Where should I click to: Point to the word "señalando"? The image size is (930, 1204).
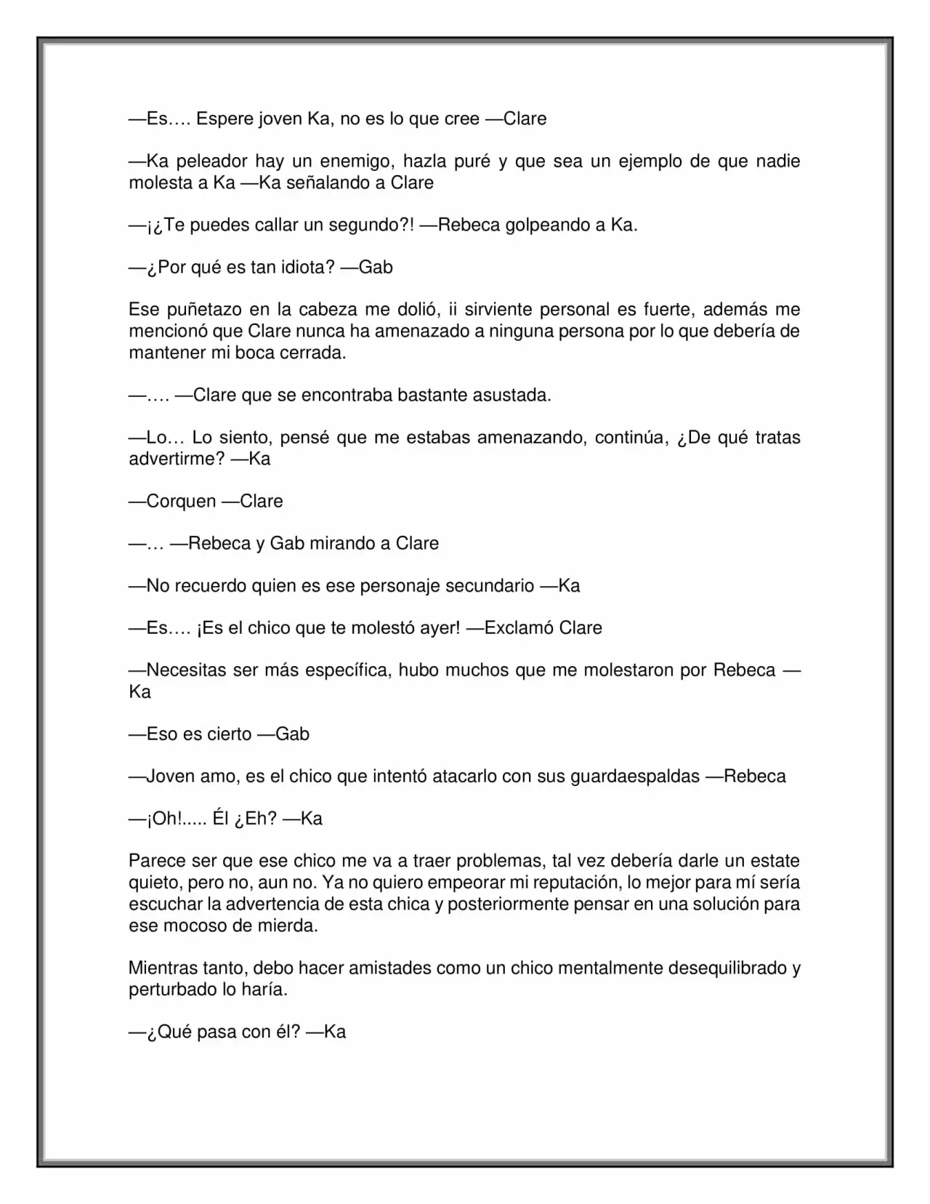(327, 182)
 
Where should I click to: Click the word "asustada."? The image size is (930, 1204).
(511, 396)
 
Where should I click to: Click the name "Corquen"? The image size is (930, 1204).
(181, 501)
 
